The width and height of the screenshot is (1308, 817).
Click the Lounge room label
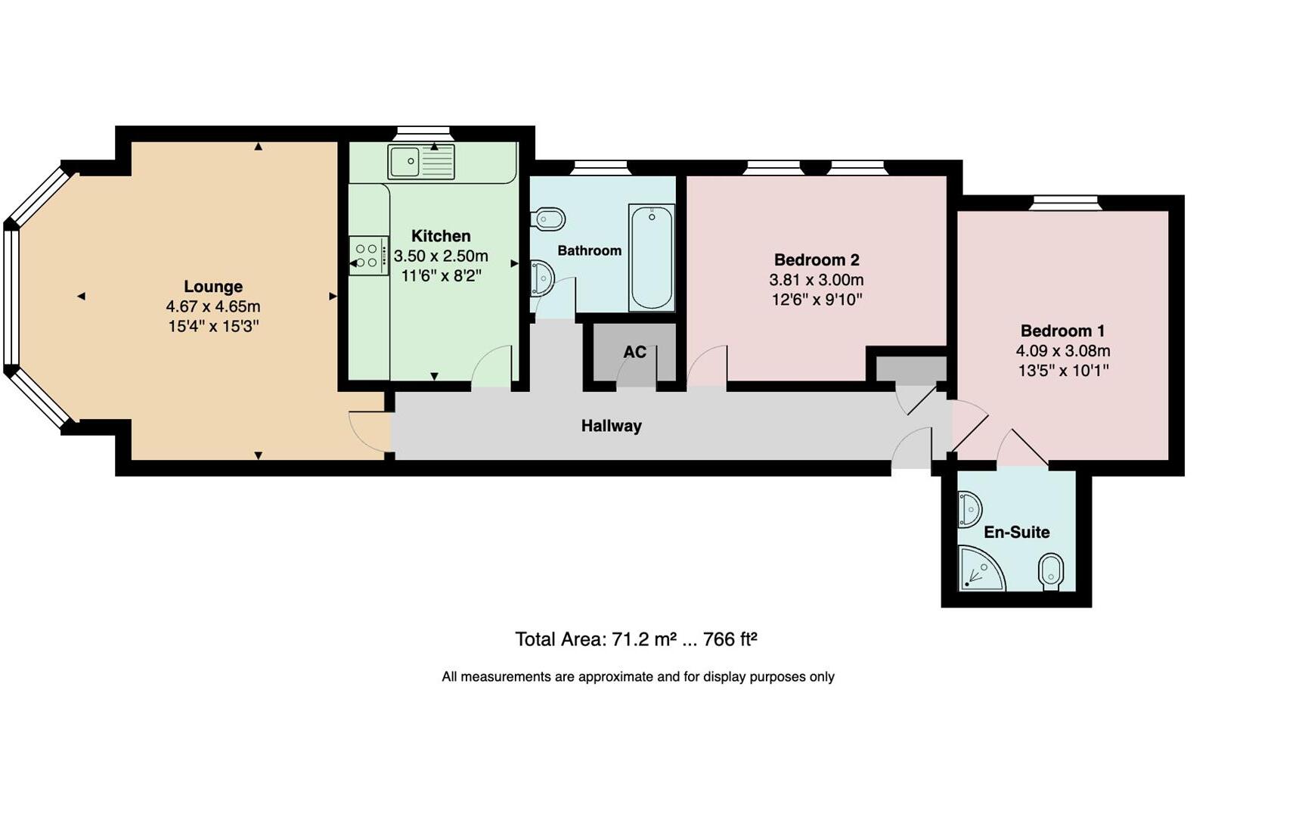tap(213, 287)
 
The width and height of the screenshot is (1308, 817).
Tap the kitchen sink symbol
tap(421, 161)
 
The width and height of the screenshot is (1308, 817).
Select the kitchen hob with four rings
tap(367, 256)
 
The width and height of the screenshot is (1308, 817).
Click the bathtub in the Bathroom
tap(652, 256)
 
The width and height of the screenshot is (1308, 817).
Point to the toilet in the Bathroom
tap(549, 220)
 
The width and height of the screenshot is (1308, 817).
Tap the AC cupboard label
tap(634, 352)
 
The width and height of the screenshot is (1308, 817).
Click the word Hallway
tap(611, 426)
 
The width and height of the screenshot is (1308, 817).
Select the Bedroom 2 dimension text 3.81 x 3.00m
tap(817, 280)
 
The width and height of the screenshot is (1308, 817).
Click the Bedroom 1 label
tap(1062, 331)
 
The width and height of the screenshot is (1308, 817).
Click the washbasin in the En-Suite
tap(969, 509)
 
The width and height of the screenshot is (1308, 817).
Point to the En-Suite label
tap(1016, 532)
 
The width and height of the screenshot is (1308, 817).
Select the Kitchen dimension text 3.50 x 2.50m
tap(441, 256)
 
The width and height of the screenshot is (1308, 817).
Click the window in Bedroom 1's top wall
tap(1065, 202)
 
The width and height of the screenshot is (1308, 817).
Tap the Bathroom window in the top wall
tap(600, 167)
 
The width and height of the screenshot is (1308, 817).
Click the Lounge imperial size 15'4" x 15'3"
tap(213, 327)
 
